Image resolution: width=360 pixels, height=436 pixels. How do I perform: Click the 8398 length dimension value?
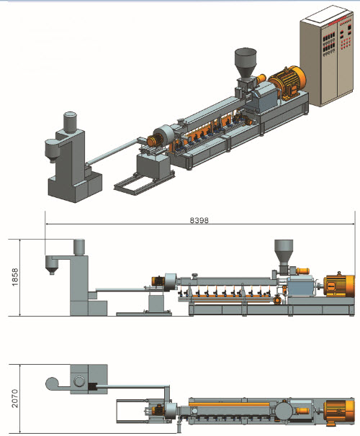click(x=199, y=220)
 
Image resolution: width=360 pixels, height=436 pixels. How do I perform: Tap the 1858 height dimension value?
click(x=14, y=277)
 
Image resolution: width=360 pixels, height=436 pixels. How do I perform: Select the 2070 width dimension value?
click(x=14, y=399)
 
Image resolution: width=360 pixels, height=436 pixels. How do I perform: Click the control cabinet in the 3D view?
click(x=327, y=57)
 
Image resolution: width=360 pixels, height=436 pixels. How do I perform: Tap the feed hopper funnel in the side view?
click(x=284, y=251)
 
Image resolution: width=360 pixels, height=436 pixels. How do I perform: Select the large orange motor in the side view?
click(x=339, y=286)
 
